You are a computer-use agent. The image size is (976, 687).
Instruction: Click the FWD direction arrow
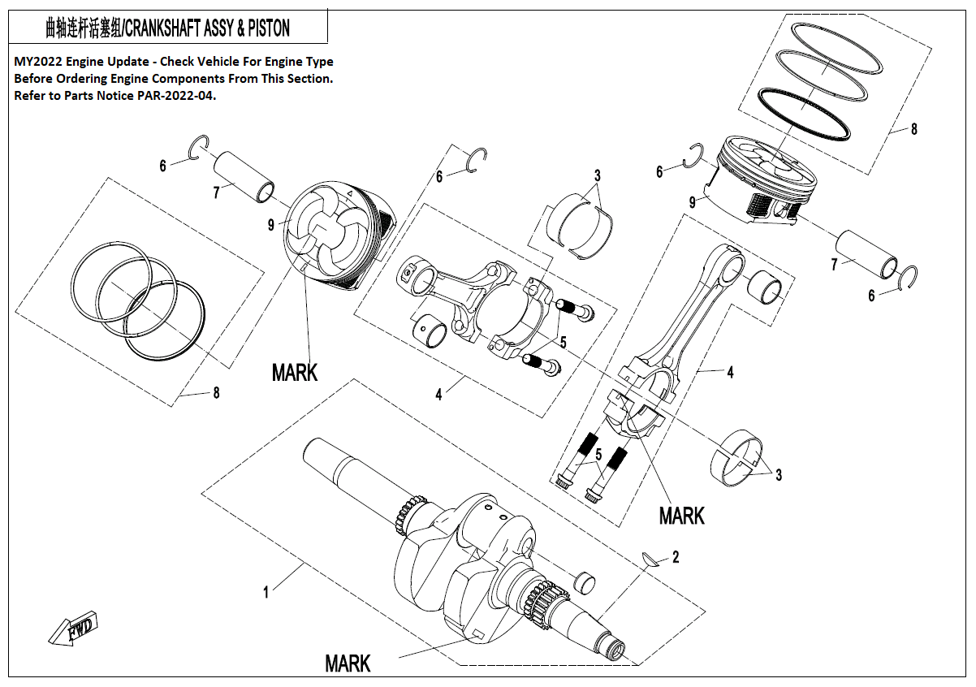coord(72,629)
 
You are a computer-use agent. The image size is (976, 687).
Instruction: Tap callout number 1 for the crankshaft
coord(266,593)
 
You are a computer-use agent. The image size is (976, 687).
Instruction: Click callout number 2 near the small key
coord(676,557)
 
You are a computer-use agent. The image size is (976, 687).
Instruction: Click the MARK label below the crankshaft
coord(348,663)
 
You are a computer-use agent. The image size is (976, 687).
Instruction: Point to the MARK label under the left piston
coord(295,373)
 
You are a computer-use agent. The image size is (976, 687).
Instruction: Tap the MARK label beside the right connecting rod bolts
coord(681,516)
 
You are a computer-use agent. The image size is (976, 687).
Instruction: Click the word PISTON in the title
coord(269,28)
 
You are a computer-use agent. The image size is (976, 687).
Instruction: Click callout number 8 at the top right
coord(914,129)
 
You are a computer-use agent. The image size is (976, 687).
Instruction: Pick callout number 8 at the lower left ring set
coord(216,393)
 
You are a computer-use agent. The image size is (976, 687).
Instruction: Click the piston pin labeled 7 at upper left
coord(244,176)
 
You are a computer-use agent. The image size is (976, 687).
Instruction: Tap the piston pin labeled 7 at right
coord(866,254)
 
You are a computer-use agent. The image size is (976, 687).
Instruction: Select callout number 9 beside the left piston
coord(271,225)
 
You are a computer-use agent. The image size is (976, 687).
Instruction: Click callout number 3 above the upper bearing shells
coord(598,175)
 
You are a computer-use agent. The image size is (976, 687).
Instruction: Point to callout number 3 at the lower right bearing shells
coord(779,474)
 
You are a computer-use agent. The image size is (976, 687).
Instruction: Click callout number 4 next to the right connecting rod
coord(730,372)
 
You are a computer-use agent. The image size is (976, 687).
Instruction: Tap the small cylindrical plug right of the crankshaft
coord(585,582)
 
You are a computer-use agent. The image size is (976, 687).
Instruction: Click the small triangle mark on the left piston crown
coord(349,193)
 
